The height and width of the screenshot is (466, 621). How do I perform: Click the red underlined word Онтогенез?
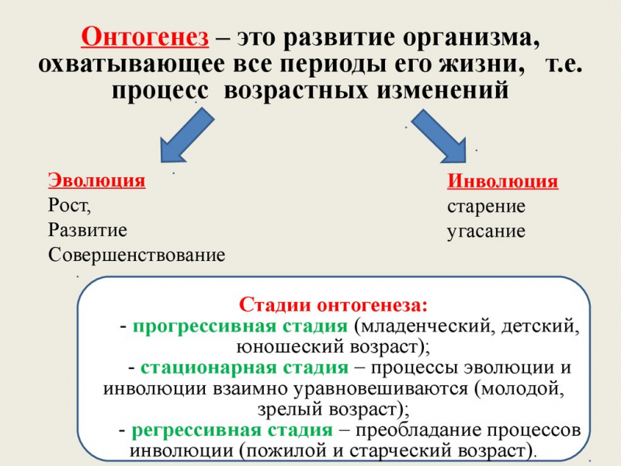pyautogui.click(x=145, y=37)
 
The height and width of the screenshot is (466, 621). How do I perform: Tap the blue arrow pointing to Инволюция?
pyautogui.click(x=439, y=134)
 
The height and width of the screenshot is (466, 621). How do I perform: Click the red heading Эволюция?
pyautogui.click(x=96, y=181)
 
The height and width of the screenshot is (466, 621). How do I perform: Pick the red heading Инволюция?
pyautogui.click(x=502, y=182)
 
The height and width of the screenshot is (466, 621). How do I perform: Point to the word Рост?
pyautogui.click(x=68, y=206)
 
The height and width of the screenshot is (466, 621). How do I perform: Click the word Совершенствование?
pyautogui.click(x=137, y=255)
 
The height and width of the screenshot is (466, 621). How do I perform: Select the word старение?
pyautogui.click(x=486, y=207)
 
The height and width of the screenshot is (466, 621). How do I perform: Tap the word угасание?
pyautogui.click(x=486, y=231)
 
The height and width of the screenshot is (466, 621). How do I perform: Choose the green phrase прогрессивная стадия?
pyautogui.click(x=240, y=325)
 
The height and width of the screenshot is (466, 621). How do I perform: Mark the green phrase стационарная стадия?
pyautogui.click(x=245, y=367)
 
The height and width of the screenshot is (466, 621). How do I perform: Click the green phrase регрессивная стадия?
pyautogui.click(x=232, y=429)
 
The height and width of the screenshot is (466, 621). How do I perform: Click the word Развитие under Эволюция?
pyautogui.click(x=87, y=230)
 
